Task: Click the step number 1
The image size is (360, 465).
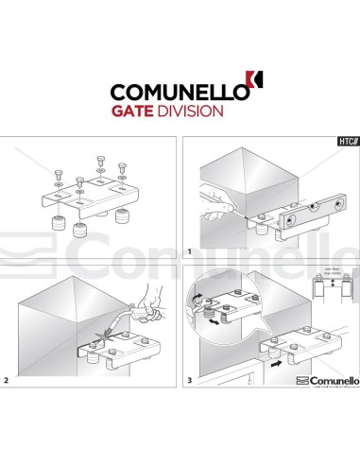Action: point(190,252)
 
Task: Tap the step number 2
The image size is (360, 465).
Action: point(7,381)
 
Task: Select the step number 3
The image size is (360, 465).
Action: point(190,381)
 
